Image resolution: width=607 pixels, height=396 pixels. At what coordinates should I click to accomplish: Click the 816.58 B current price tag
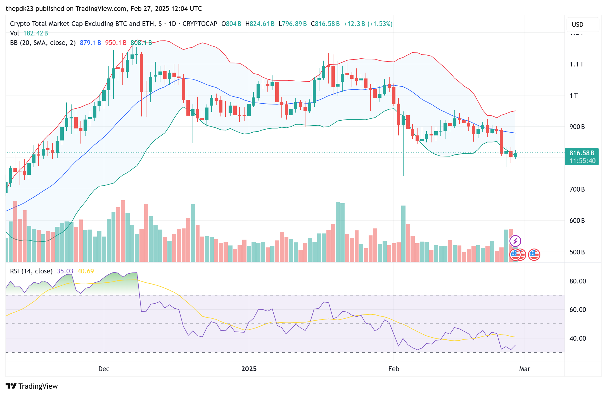pos(582,153)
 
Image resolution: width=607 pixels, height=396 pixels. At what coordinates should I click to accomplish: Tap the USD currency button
pos(577,25)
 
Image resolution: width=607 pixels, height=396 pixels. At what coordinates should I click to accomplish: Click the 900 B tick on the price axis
pos(577,127)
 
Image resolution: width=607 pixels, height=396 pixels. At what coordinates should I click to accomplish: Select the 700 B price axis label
pos(577,189)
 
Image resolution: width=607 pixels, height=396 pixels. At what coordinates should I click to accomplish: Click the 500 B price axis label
pos(577,252)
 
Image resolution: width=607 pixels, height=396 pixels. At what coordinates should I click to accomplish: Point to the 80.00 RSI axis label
pos(578,281)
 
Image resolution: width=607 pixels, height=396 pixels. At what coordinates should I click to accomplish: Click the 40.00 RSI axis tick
pos(578,338)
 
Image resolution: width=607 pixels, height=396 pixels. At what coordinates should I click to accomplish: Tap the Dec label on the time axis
pos(104,369)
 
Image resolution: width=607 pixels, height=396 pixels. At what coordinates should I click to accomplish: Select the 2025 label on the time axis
pos(249,369)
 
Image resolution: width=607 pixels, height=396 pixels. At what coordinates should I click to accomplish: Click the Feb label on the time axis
pos(393,369)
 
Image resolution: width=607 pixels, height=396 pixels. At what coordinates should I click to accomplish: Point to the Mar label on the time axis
pos(525,369)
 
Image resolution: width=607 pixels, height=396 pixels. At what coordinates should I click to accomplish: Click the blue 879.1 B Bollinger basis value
pos(90,43)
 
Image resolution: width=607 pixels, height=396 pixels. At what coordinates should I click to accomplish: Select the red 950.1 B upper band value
pos(116,43)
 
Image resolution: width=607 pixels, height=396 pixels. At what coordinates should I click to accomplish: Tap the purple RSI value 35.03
pos(65,271)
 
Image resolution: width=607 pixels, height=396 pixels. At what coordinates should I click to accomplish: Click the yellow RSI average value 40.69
pos(86,271)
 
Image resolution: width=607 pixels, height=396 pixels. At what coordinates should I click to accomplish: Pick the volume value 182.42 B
pos(35,33)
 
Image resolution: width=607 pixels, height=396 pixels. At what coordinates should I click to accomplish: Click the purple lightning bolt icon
pos(515,241)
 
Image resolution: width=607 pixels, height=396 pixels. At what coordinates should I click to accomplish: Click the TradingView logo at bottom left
pos(32,386)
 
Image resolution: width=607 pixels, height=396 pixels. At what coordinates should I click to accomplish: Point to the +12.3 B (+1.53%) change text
pos(368,24)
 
